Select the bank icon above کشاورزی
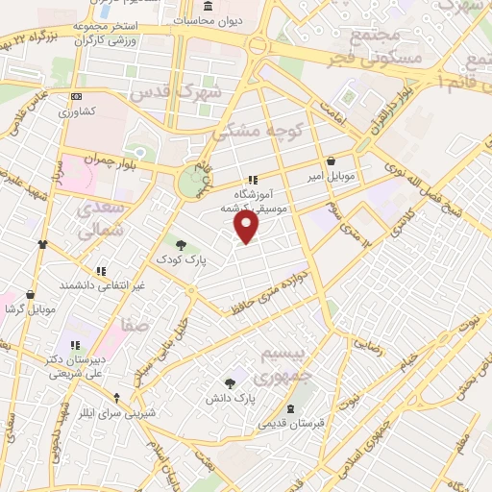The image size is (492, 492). coord(76,96)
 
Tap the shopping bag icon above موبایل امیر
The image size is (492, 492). coord(332,161)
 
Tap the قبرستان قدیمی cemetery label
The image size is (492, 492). coord(290,424)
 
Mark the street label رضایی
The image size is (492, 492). coord(370,344)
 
